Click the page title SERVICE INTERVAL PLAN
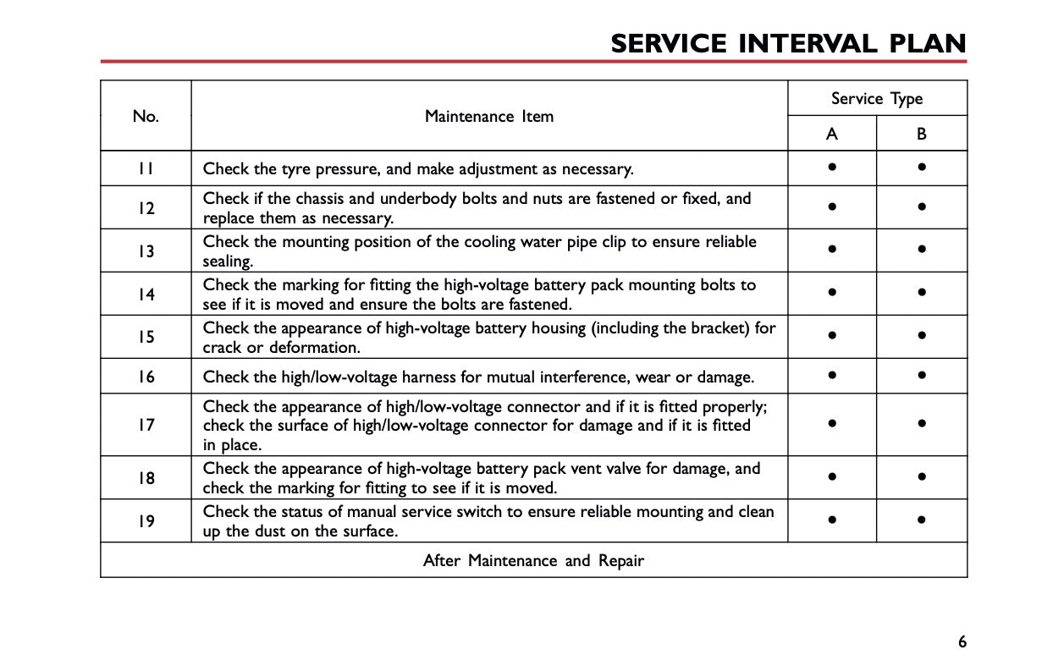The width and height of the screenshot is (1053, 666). point(788,44)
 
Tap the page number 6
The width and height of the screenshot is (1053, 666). point(962,641)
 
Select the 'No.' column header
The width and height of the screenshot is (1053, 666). point(146,117)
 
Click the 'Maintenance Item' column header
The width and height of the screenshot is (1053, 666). point(489,117)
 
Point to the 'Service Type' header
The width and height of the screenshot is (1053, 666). point(877,99)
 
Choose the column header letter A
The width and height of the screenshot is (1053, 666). point(832,134)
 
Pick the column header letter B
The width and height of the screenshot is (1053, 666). point(922,134)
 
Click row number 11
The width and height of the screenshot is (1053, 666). point(146,169)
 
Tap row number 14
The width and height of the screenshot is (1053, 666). point(146,294)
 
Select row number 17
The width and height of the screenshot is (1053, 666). point(146,425)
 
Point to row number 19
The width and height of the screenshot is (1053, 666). point(146,521)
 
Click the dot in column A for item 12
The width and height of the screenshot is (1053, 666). point(833,207)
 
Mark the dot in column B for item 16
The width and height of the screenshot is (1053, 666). point(922,375)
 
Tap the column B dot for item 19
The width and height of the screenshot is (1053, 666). point(922,520)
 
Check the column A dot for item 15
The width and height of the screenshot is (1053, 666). point(833,336)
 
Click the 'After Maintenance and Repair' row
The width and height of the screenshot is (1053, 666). point(533,560)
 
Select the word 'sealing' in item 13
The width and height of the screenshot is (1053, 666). point(226,262)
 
